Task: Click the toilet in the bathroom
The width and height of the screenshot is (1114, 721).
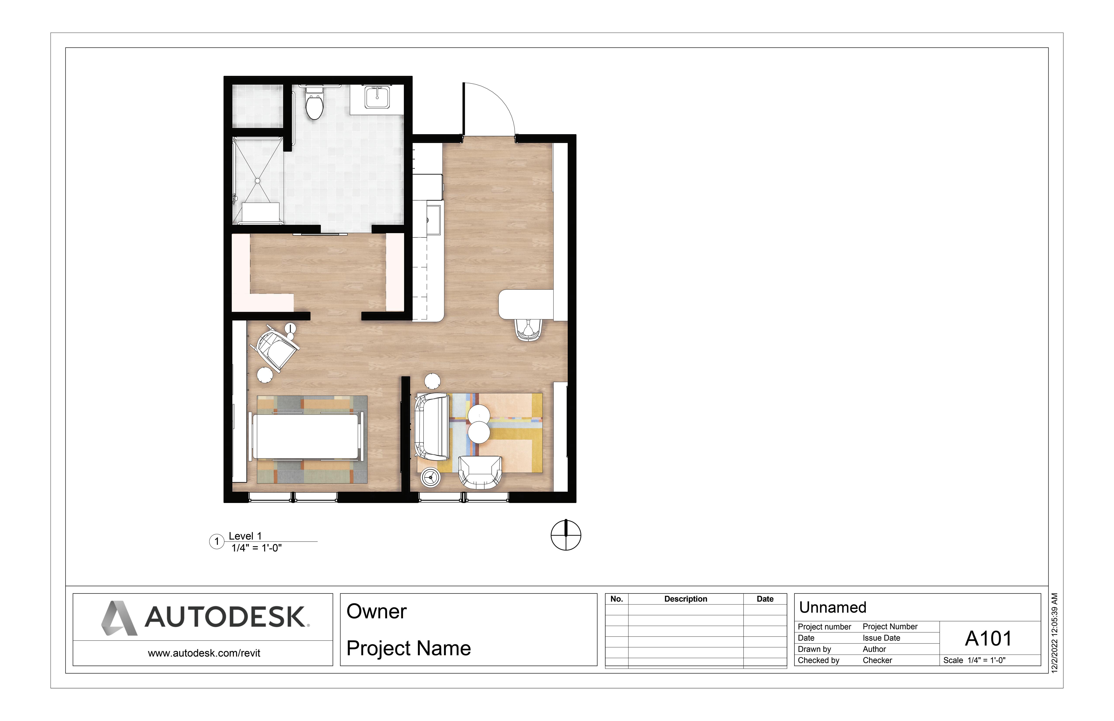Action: [x=314, y=103]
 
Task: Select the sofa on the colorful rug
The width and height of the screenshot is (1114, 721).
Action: [x=432, y=426]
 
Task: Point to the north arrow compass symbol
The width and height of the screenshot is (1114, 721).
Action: [x=566, y=535]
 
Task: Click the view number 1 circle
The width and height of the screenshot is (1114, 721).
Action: [x=217, y=542]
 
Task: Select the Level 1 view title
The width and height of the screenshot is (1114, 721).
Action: [x=245, y=536]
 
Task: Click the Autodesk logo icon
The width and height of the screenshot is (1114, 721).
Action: [x=119, y=618]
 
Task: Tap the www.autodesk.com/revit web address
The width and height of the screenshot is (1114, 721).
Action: [x=204, y=653]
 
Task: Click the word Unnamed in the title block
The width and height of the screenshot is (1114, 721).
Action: [x=833, y=607]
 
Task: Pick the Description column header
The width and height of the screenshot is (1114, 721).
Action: [x=686, y=599]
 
